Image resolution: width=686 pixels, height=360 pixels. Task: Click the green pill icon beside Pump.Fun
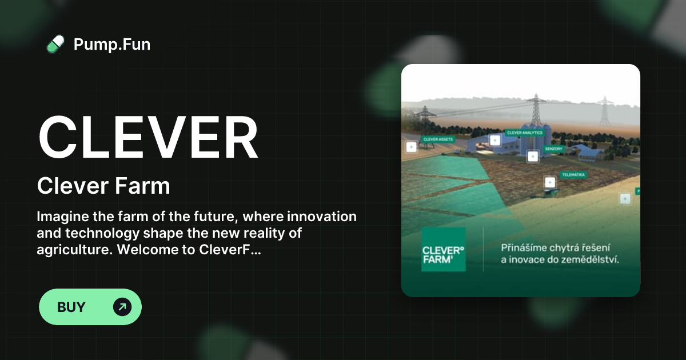pos(55,44)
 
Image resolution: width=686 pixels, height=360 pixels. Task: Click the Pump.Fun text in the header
pos(112,44)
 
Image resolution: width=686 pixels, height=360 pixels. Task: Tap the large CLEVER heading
pos(148,138)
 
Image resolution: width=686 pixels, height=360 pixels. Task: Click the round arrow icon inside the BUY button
pos(122,307)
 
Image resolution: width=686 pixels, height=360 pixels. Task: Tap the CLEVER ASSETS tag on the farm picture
pos(438,139)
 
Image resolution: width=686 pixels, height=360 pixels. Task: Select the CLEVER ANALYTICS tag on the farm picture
pos(524,133)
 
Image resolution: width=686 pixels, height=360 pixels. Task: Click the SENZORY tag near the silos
pos(553,149)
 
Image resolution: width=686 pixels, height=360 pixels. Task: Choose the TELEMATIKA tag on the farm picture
pos(573,175)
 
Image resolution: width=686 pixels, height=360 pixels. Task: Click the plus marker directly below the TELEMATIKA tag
pos(550,182)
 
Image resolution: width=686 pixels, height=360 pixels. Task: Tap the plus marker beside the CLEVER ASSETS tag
pos(411,147)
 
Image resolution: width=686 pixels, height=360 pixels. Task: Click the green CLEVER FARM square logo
pos(443,250)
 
